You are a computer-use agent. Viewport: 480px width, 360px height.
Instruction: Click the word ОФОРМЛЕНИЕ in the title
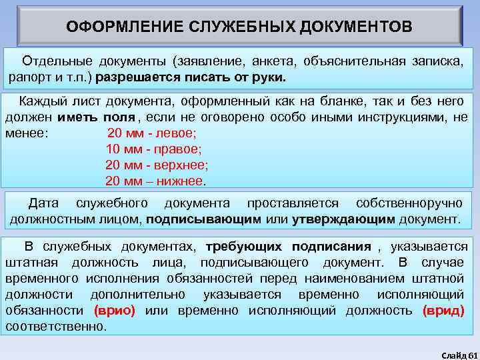click(x=120, y=27)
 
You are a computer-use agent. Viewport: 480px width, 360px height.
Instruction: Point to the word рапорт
click(x=27, y=77)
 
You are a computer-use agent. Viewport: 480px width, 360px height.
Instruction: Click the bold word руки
click(x=268, y=77)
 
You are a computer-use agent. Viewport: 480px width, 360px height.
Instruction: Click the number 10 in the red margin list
click(x=113, y=149)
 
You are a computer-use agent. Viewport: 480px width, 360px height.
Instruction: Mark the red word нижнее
click(x=183, y=181)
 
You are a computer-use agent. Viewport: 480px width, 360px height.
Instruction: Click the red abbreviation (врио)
click(x=115, y=311)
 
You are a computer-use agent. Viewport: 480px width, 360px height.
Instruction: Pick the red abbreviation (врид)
click(x=443, y=311)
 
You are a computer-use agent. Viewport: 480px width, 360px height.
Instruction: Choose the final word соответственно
click(x=55, y=327)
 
